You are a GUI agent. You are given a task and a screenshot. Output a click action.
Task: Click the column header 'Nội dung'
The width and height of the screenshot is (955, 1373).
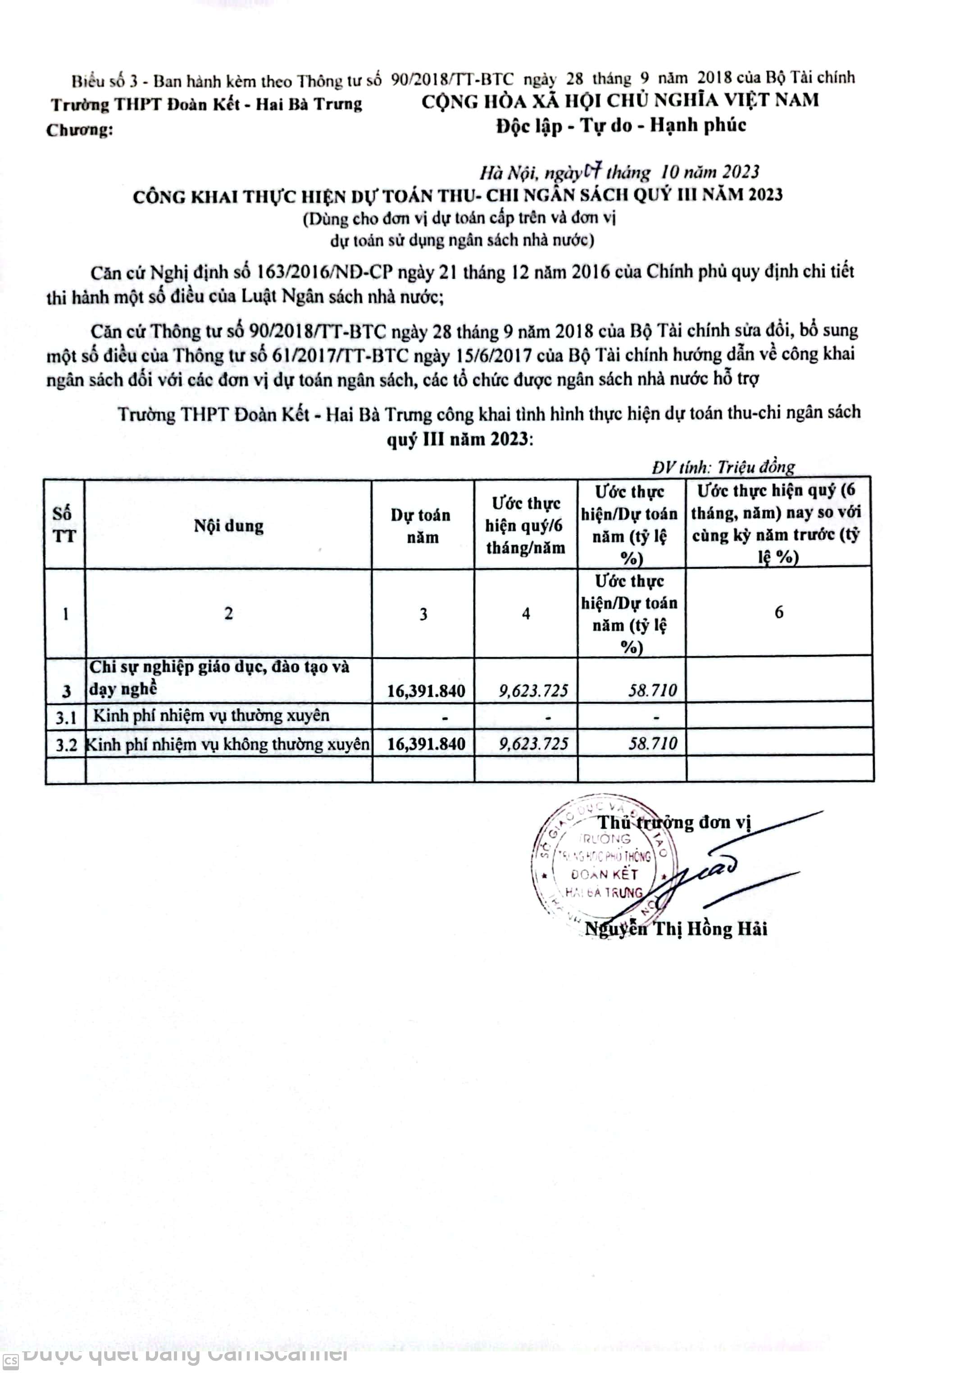(x=228, y=526)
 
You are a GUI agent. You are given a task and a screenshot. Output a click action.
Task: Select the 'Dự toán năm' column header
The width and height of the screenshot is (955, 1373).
(x=422, y=526)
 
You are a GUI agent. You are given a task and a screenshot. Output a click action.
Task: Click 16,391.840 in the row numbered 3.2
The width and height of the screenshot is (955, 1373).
(x=426, y=743)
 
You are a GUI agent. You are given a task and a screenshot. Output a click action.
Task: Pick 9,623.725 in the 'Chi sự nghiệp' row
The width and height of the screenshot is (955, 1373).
(x=533, y=691)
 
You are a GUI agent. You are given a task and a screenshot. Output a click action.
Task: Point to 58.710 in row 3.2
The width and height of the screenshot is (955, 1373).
(x=652, y=743)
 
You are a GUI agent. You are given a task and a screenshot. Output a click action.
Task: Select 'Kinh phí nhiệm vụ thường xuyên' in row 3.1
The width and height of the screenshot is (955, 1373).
(x=211, y=715)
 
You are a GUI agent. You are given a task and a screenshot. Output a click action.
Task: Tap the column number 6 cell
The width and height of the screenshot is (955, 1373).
(x=778, y=612)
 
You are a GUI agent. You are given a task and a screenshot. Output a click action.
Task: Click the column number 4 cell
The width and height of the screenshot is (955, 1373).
(x=526, y=614)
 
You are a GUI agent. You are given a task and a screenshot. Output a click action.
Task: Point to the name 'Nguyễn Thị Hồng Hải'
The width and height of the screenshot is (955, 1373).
(x=676, y=929)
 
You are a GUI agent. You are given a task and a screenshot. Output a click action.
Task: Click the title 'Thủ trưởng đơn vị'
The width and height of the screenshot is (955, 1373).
(x=674, y=822)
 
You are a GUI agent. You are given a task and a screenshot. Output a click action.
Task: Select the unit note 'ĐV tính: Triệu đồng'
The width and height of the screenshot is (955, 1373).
(x=723, y=466)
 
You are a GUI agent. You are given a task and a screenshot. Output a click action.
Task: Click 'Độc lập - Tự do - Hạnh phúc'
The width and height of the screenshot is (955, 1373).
(x=621, y=125)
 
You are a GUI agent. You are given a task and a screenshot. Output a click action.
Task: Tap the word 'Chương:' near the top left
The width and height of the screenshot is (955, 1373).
(x=80, y=130)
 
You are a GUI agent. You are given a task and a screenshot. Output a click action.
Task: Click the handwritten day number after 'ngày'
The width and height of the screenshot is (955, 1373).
(x=592, y=172)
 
